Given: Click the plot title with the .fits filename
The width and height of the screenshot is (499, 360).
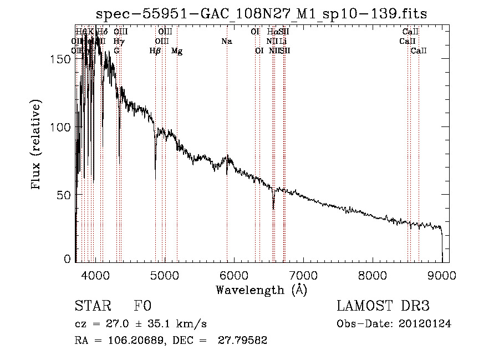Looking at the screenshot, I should tap(261, 14).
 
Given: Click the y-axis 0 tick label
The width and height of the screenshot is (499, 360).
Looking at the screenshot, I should tap(68, 259).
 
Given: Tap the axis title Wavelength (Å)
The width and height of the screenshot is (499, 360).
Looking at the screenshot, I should tap(261, 290).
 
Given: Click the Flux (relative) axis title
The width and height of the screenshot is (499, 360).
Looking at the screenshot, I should tap(37, 146).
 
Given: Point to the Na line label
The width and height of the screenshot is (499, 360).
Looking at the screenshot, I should tap(226, 41).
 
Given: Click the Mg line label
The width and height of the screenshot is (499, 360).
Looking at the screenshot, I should tap(177, 51).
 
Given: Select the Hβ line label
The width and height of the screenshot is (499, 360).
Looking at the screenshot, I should tap(155, 51).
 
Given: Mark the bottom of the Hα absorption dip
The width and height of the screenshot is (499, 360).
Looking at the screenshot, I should tap(273, 209).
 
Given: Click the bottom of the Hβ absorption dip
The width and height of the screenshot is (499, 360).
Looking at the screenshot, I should tap(155, 178).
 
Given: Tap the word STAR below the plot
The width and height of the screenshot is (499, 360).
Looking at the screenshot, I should tap(91, 307).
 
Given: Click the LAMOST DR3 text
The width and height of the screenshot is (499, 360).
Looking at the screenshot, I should tap(383, 307).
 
